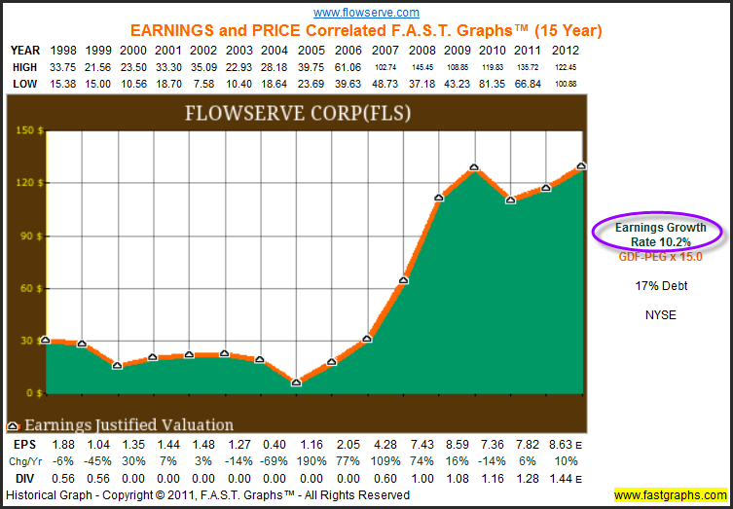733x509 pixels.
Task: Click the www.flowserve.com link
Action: pyautogui.click(x=366, y=12)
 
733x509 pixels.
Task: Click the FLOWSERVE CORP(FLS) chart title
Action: pyautogui.click(x=298, y=114)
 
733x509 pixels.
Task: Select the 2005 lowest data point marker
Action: pyautogui.click(x=296, y=382)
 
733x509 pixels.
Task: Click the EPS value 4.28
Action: pyautogui.click(x=385, y=444)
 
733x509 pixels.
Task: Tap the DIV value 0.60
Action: pyautogui.click(x=385, y=478)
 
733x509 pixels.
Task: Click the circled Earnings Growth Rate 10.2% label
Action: pyautogui.click(x=661, y=235)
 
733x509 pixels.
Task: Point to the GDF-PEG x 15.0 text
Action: pyautogui.click(x=660, y=257)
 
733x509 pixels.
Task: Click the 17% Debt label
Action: pyautogui.click(x=661, y=286)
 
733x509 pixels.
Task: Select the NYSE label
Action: pyautogui.click(x=661, y=315)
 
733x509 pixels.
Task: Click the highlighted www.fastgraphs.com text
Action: pyautogui.click(x=671, y=495)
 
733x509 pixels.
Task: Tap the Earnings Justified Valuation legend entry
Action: pyautogui.click(x=120, y=425)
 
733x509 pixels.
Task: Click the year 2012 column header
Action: pyautogui.click(x=566, y=51)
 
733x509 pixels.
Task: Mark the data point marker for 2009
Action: pyautogui.click(x=474, y=166)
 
